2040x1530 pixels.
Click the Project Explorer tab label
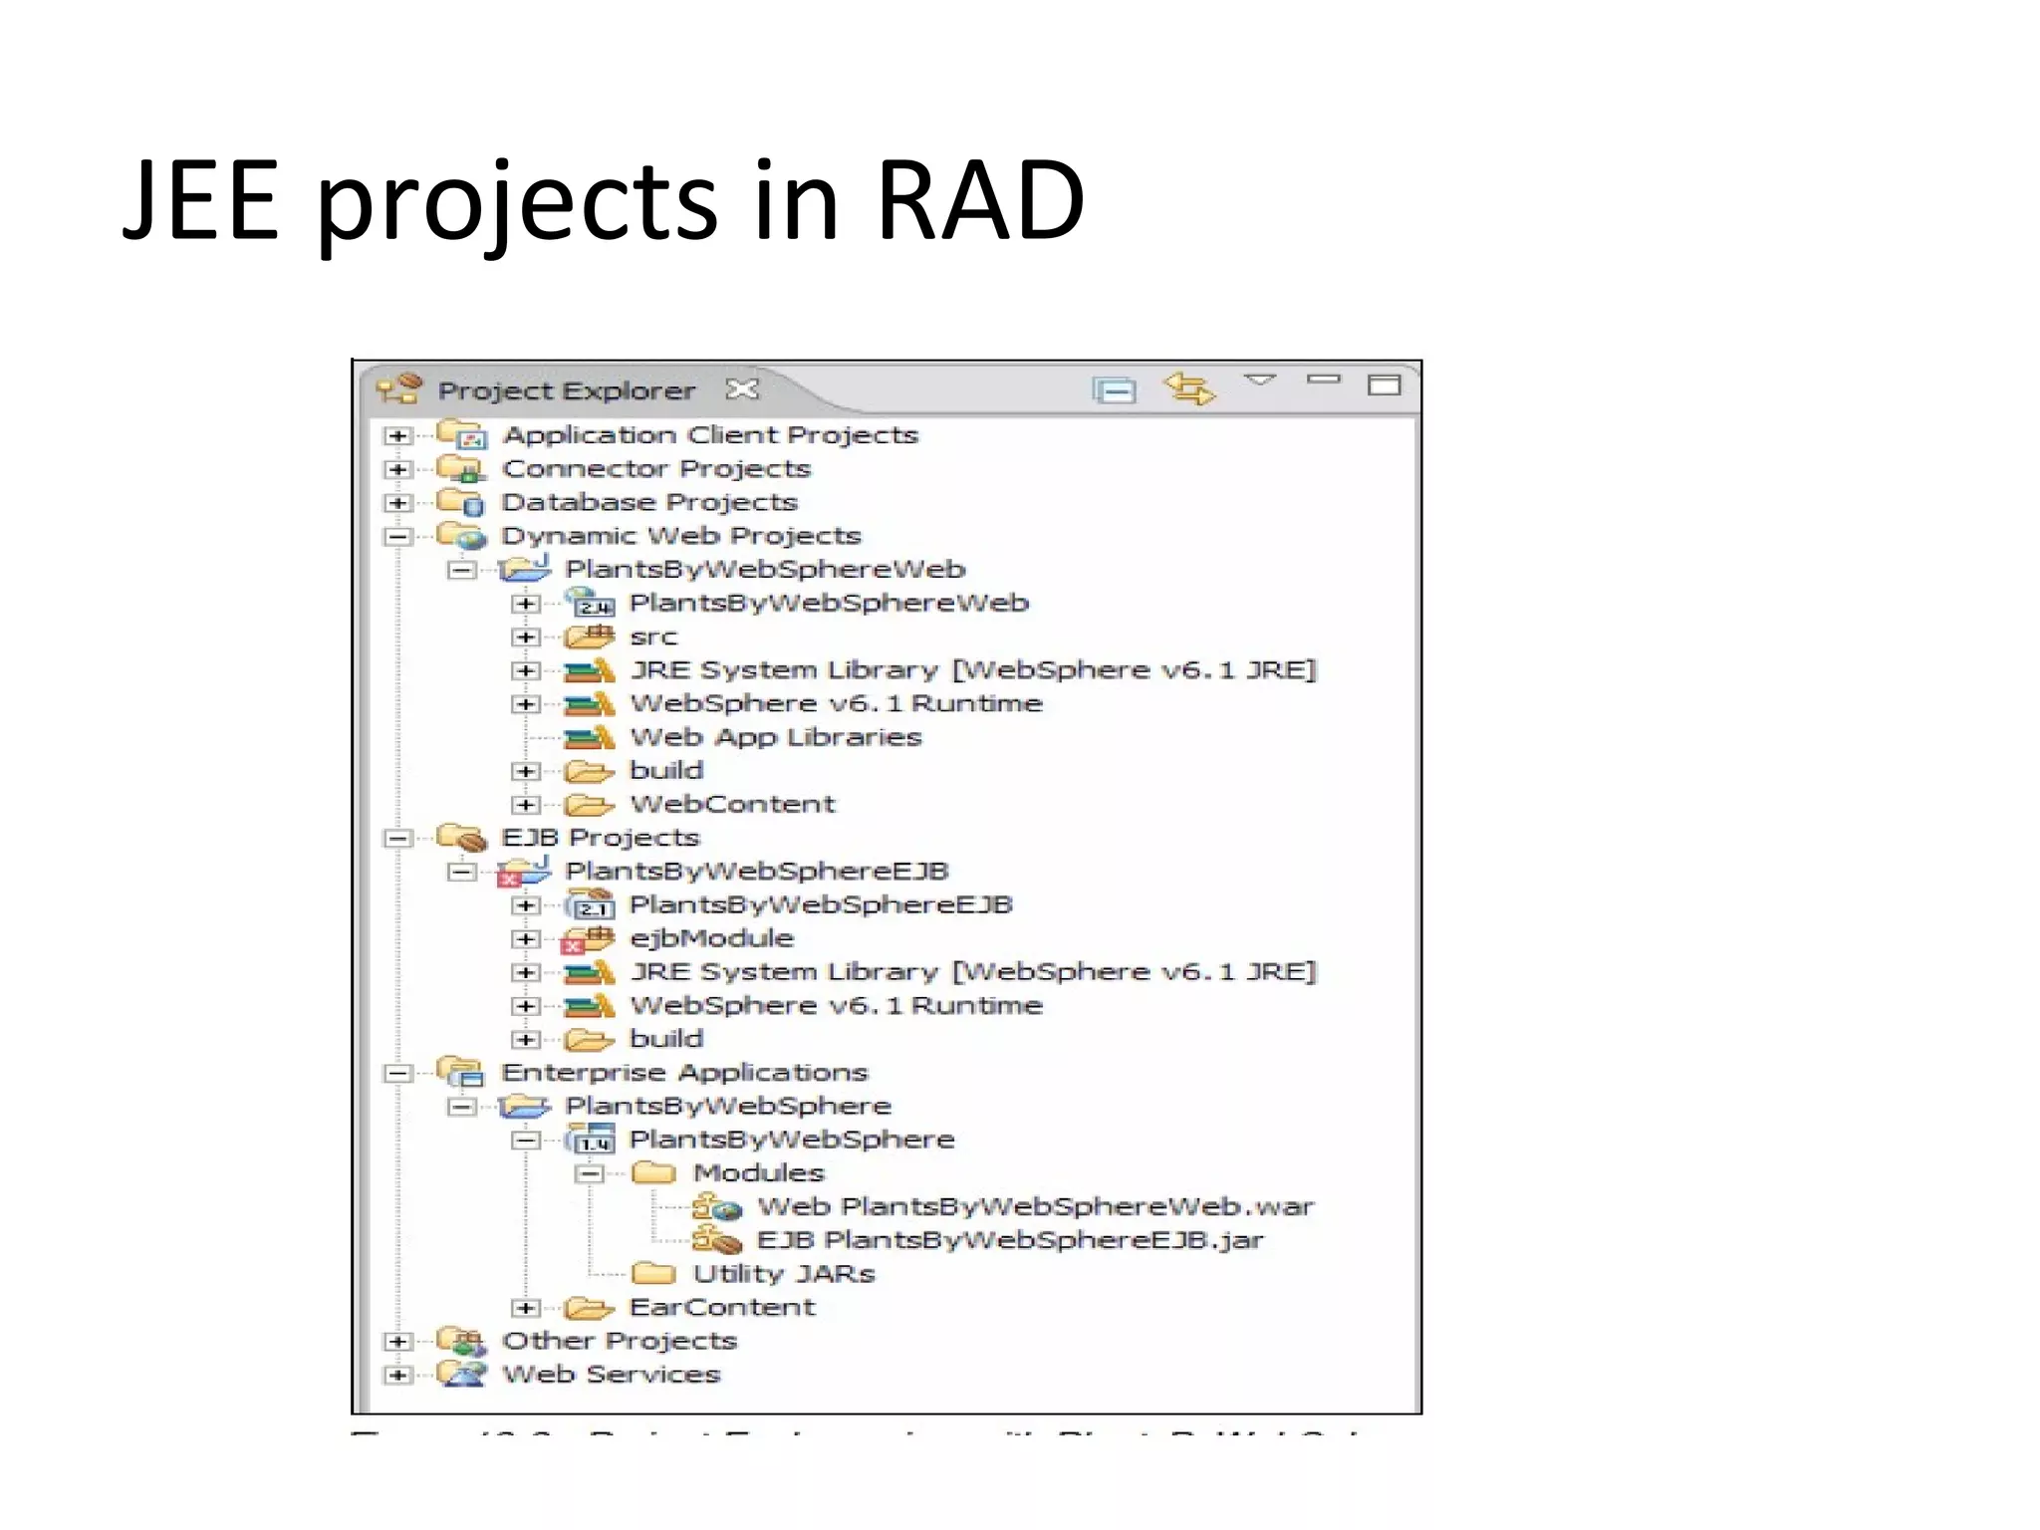[566, 390]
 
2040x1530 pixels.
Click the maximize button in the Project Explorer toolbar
[1384, 384]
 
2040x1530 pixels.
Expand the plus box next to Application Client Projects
[397, 435]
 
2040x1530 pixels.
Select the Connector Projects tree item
[655, 468]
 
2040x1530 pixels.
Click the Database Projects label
[648, 502]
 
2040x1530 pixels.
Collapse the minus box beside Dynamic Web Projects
[397, 536]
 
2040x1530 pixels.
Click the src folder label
[653, 637]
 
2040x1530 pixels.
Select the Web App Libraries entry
[775, 737]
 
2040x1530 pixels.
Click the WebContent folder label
[732, 804]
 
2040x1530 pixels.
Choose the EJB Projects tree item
[600, 838]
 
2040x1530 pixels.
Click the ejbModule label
[711, 938]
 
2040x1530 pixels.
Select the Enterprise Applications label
[684, 1073]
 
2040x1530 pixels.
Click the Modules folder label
[758, 1173]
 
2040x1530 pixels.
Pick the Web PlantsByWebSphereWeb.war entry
[1035, 1207]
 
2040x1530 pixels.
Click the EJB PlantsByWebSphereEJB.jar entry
[1009, 1240]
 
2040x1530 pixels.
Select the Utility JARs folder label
[783, 1274]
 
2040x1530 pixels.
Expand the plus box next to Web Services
[397, 1375]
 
